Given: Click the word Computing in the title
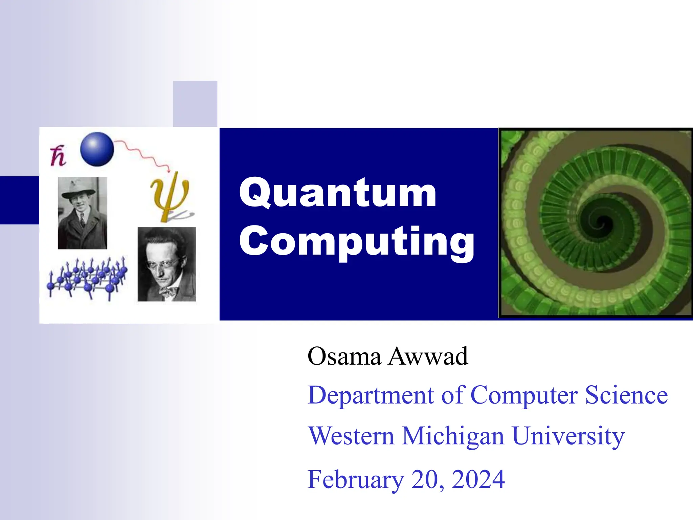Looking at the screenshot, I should (x=357, y=241).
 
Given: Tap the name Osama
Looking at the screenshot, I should (x=344, y=356).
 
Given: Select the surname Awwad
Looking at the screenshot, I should (x=428, y=356).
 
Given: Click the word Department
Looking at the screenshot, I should (x=371, y=395).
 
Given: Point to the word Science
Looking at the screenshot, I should (x=626, y=395).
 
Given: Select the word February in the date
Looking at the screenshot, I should (x=356, y=480).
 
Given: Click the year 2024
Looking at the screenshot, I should (x=478, y=480).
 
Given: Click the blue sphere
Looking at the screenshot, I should (x=97, y=149).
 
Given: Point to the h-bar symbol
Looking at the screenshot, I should (x=58, y=156).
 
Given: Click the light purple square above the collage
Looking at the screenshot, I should (x=195, y=104).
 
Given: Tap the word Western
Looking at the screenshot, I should (x=351, y=436).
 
